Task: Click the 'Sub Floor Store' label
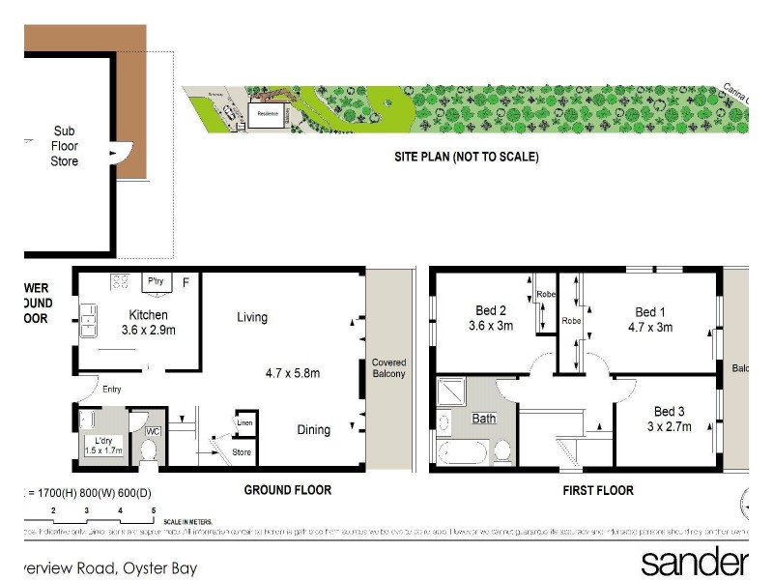pos(64,146)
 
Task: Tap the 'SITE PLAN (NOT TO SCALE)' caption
pos(466,157)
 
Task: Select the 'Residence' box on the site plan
pos(266,113)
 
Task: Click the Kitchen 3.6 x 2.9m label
pos(149,322)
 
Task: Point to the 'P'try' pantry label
pos(155,282)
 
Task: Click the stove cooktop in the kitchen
pos(122,282)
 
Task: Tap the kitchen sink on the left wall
pos(88,320)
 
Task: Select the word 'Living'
pos(252,317)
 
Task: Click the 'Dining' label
pos(313,430)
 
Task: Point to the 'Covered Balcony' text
pos(389,368)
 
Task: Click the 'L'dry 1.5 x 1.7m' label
pos(101,445)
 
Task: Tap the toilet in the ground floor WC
pos(149,450)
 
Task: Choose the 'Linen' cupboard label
pos(246,422)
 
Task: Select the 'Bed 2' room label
pos(491,318)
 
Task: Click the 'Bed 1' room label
pos(651,319)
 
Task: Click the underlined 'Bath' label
pos(483,420)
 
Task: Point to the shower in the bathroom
pos(451,391)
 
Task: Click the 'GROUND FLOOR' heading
pos(287,490)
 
